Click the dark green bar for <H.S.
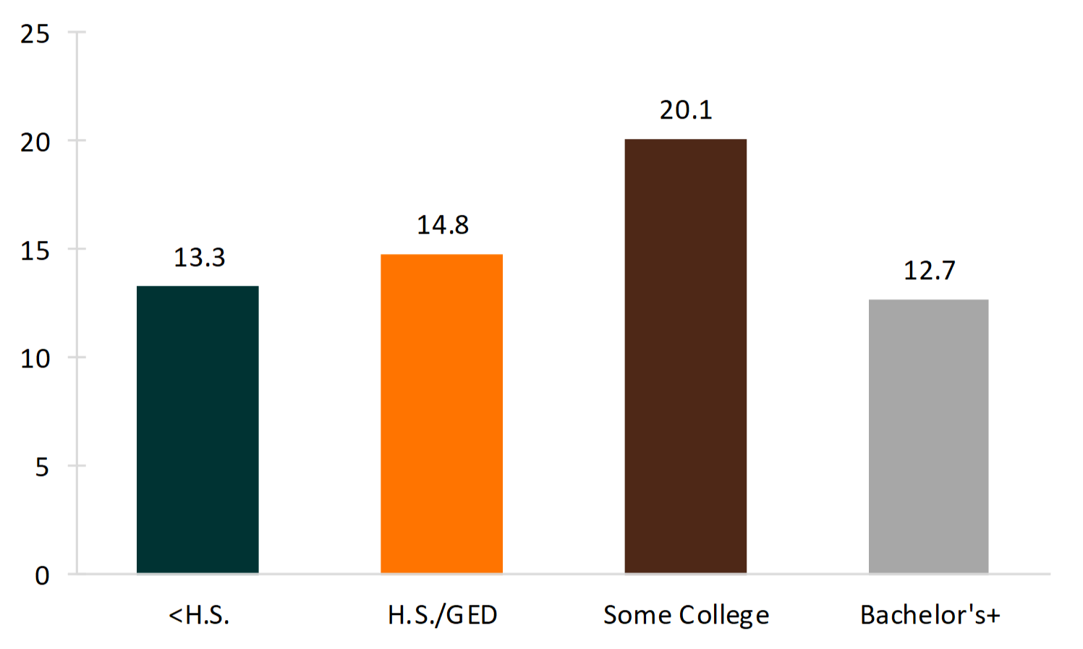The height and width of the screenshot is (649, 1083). tap(198, 430)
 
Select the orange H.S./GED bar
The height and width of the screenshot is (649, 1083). tap(441, 414)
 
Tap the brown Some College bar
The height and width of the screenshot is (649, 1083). tap(685, 356)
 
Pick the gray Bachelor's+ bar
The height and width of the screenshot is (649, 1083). tap(928, 436)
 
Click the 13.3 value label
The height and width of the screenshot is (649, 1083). tap(200, 258)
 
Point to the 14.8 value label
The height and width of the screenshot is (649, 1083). tap(443, 225)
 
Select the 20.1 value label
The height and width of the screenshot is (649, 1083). tap(686, 110)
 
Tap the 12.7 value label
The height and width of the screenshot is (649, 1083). tap(930, 271)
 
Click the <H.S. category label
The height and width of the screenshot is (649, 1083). tap(199, 615)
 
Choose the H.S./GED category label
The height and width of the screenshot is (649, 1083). tap(443, 615)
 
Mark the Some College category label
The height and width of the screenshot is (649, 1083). tap(686, 615)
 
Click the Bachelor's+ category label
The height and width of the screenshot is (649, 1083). tap(930, 615)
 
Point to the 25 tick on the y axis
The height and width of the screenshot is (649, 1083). tap(35, 34)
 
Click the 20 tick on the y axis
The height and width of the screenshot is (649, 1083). tap(35, 143)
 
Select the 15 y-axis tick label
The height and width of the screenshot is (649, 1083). tap(35, 251)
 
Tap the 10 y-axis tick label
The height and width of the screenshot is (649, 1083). tap(35, 359)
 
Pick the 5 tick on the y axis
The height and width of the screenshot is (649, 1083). tap(42, 467)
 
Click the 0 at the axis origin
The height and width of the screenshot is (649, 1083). tap(42, 576)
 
